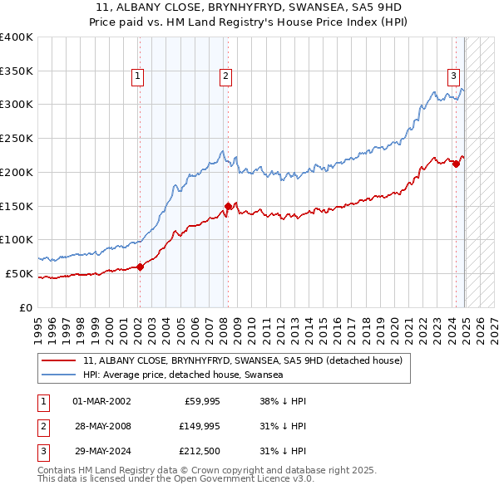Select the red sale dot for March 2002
pyautogui.click(x=140, y=267)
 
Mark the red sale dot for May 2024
pyautogui.click(x=456, y=164)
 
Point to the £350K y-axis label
pyautogui.click(x=17, y=71)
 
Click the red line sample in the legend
pyautogui.click(x=59, y=360)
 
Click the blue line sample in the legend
pyautogui.click(x=59, y=375)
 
